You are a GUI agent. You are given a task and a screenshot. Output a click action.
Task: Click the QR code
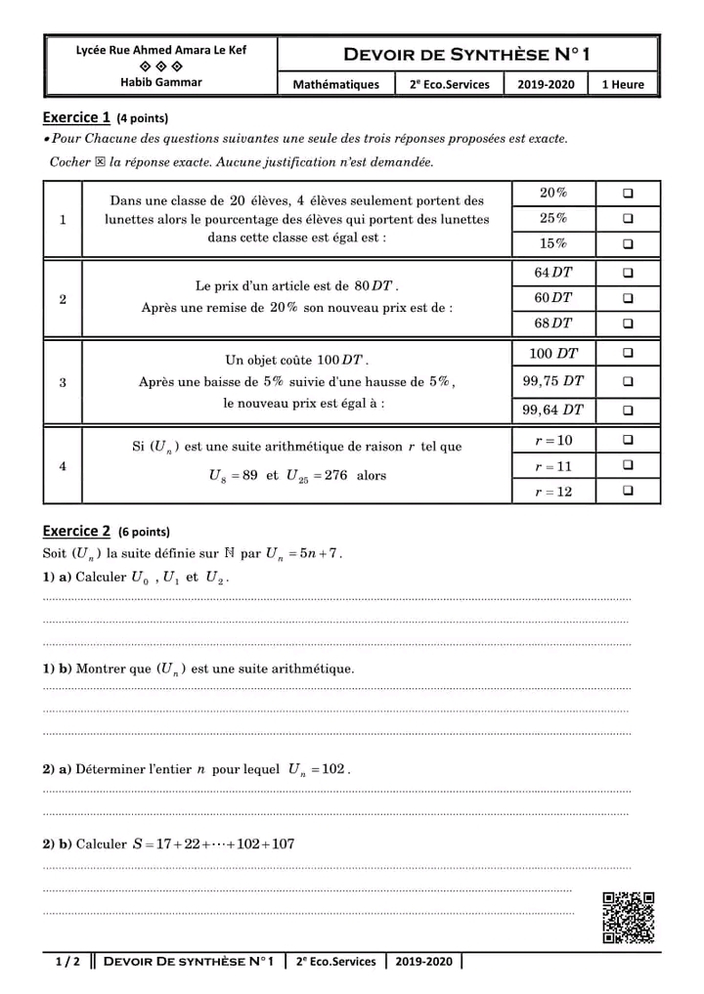[628, 918]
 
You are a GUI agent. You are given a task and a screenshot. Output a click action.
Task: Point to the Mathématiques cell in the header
[335, 84]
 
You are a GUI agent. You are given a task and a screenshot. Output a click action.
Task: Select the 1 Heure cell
[623, 84]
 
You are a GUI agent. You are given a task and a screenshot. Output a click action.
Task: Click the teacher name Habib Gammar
[161, 82]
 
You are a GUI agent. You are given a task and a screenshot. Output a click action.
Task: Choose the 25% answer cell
[552, 218]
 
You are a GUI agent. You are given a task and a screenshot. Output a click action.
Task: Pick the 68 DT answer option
[552, 323]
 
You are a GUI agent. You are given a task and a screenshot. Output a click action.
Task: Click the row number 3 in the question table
[63, 382]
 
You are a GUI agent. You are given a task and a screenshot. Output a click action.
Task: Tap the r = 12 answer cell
[552, 492]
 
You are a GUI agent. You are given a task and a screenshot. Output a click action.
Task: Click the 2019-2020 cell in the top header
[546, 84]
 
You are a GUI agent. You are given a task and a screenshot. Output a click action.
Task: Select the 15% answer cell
[552, 243]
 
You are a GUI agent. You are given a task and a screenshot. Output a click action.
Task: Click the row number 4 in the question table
[63, 466]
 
